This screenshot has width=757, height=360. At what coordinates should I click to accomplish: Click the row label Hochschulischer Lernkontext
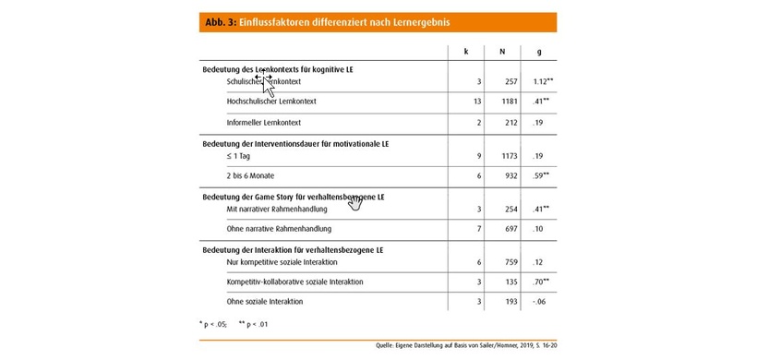[x=271, y=101]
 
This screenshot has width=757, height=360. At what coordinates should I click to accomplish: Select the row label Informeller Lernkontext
[x=264, y=122]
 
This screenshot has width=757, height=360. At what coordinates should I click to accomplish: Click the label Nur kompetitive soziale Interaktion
[x=286, y=263]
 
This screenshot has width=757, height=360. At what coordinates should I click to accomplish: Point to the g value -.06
[x=538, y=302]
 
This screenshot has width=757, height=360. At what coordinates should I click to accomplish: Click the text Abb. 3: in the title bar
[x=219, y=21]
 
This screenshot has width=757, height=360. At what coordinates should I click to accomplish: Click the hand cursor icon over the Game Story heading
[x=355, y=202]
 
